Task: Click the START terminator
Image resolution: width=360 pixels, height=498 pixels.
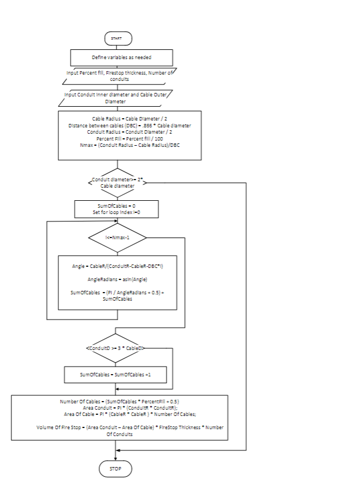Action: [x=117, y=38]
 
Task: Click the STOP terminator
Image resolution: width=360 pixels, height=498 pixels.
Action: [x=117, y=469]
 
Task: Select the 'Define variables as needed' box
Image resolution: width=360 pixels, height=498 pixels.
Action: [x=121, y=57]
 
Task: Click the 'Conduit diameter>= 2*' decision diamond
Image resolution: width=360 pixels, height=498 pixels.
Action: [x=117, y=182]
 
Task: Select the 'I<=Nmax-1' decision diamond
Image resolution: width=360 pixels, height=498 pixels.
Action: [x=117, y=236]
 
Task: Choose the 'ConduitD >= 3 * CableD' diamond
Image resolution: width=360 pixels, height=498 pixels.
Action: [x=116, y=348]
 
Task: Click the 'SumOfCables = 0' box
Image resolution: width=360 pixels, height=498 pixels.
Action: [x=117, y=208]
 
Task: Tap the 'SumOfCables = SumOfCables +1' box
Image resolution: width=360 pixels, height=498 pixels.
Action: [x=116, y=375]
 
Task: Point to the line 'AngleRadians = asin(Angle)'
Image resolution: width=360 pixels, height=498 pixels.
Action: [x=118, y=279]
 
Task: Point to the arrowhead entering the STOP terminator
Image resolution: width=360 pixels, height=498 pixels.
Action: [x=117, y=458]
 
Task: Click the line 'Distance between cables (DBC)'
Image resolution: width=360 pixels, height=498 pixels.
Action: [x=129, y=125]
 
